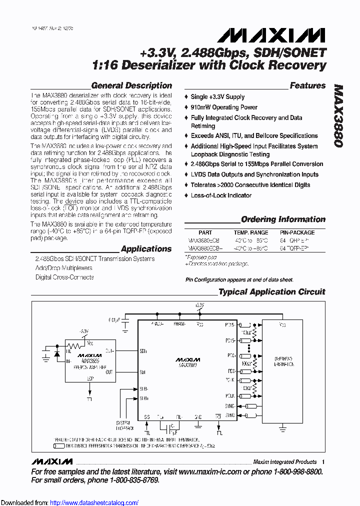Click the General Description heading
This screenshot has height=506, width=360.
click(x=131, y=85)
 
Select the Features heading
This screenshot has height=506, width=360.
click(x=307, y=85)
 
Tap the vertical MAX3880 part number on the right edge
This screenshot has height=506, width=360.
click(x=338, y=115)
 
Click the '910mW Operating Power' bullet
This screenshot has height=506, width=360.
click(x=224, y=107)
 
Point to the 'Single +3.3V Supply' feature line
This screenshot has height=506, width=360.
click(x=217, y=96)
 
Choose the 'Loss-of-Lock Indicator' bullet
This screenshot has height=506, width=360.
click(x=221, y=195)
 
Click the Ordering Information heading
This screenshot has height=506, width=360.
click(x=283, y=219)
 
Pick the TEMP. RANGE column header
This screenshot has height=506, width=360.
click(x=250, y=232)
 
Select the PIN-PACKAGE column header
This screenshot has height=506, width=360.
click(x=297, y=232)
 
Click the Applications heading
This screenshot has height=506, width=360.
click(x=146, y=248)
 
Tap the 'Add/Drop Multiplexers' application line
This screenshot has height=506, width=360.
click(x=64, y=268)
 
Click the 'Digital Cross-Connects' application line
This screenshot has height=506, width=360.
click(x=64, y=277)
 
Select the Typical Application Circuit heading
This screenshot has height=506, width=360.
click(x=272, y=291)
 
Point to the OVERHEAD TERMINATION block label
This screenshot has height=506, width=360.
click(x=283, y=361)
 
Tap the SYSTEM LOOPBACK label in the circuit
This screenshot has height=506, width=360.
click(x=122, y=425)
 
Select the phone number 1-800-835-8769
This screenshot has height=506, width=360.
click(x=128, y=480)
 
